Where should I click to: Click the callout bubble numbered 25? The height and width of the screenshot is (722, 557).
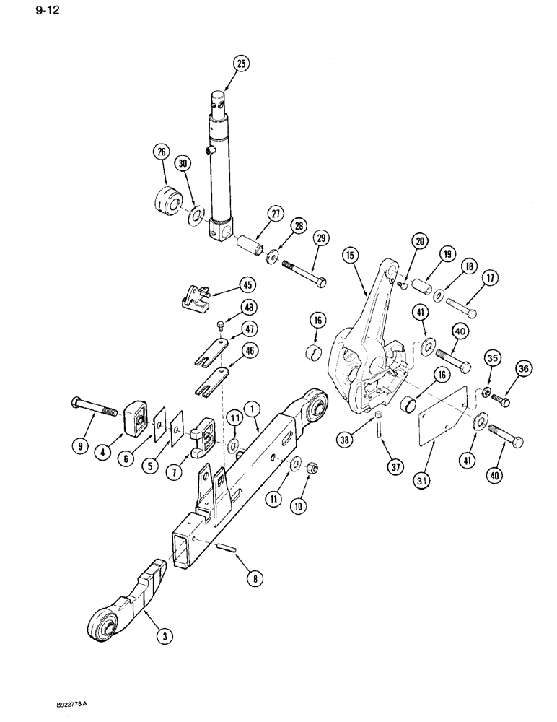click(x=241, y=64)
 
